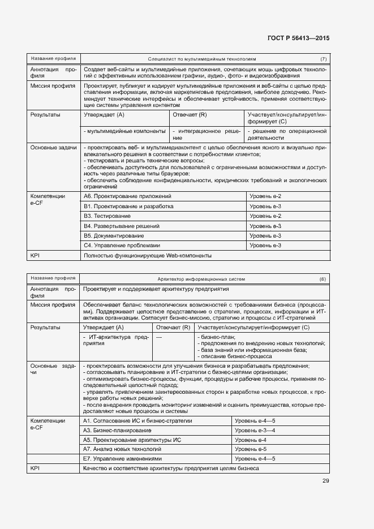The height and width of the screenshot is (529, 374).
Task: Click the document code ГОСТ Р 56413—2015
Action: [x=298, y=38]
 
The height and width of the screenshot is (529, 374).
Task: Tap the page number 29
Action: [x=325, y=481]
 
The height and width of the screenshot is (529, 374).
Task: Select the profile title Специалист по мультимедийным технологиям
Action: [x=202, y=58]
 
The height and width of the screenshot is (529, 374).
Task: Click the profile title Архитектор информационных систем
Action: [x=201, y=279]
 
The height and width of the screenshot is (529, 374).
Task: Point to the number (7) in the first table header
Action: [x=323, y=58]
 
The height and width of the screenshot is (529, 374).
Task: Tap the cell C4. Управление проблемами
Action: [x=122, y=246]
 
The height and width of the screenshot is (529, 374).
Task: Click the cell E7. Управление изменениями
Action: [x=122, y=459]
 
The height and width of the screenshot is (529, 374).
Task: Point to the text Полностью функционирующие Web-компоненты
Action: [x=147, y=256]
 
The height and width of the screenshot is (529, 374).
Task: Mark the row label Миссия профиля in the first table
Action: [x=53, y=86]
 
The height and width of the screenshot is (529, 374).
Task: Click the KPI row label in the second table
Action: [x=36, y=468]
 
